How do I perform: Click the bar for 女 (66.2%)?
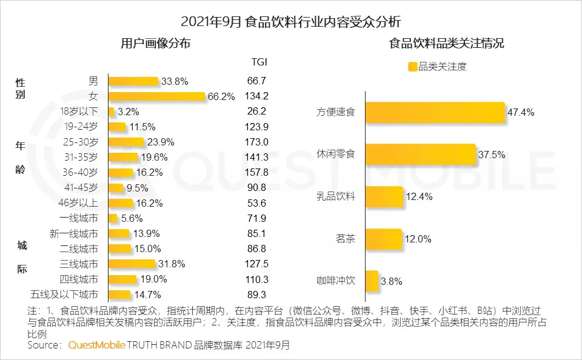click(x=156, y=96)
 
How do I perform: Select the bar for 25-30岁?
click(x=125, y=142)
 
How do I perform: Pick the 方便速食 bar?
click(x=435, y=112)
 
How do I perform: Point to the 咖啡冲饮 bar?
click(x=372, y=281)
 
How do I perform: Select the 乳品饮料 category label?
click(x=336, y=196)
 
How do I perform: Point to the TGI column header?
click(x=259, y=62)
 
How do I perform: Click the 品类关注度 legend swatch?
click(x=413, y=67)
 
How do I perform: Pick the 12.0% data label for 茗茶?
click(x=418, y=239)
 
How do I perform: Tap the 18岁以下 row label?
click(x=79, y=112)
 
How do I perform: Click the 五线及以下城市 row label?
click(x=65, y=295)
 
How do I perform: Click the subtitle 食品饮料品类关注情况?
click(x=447, y=44)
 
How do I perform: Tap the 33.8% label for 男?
click(x=175, y=81)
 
